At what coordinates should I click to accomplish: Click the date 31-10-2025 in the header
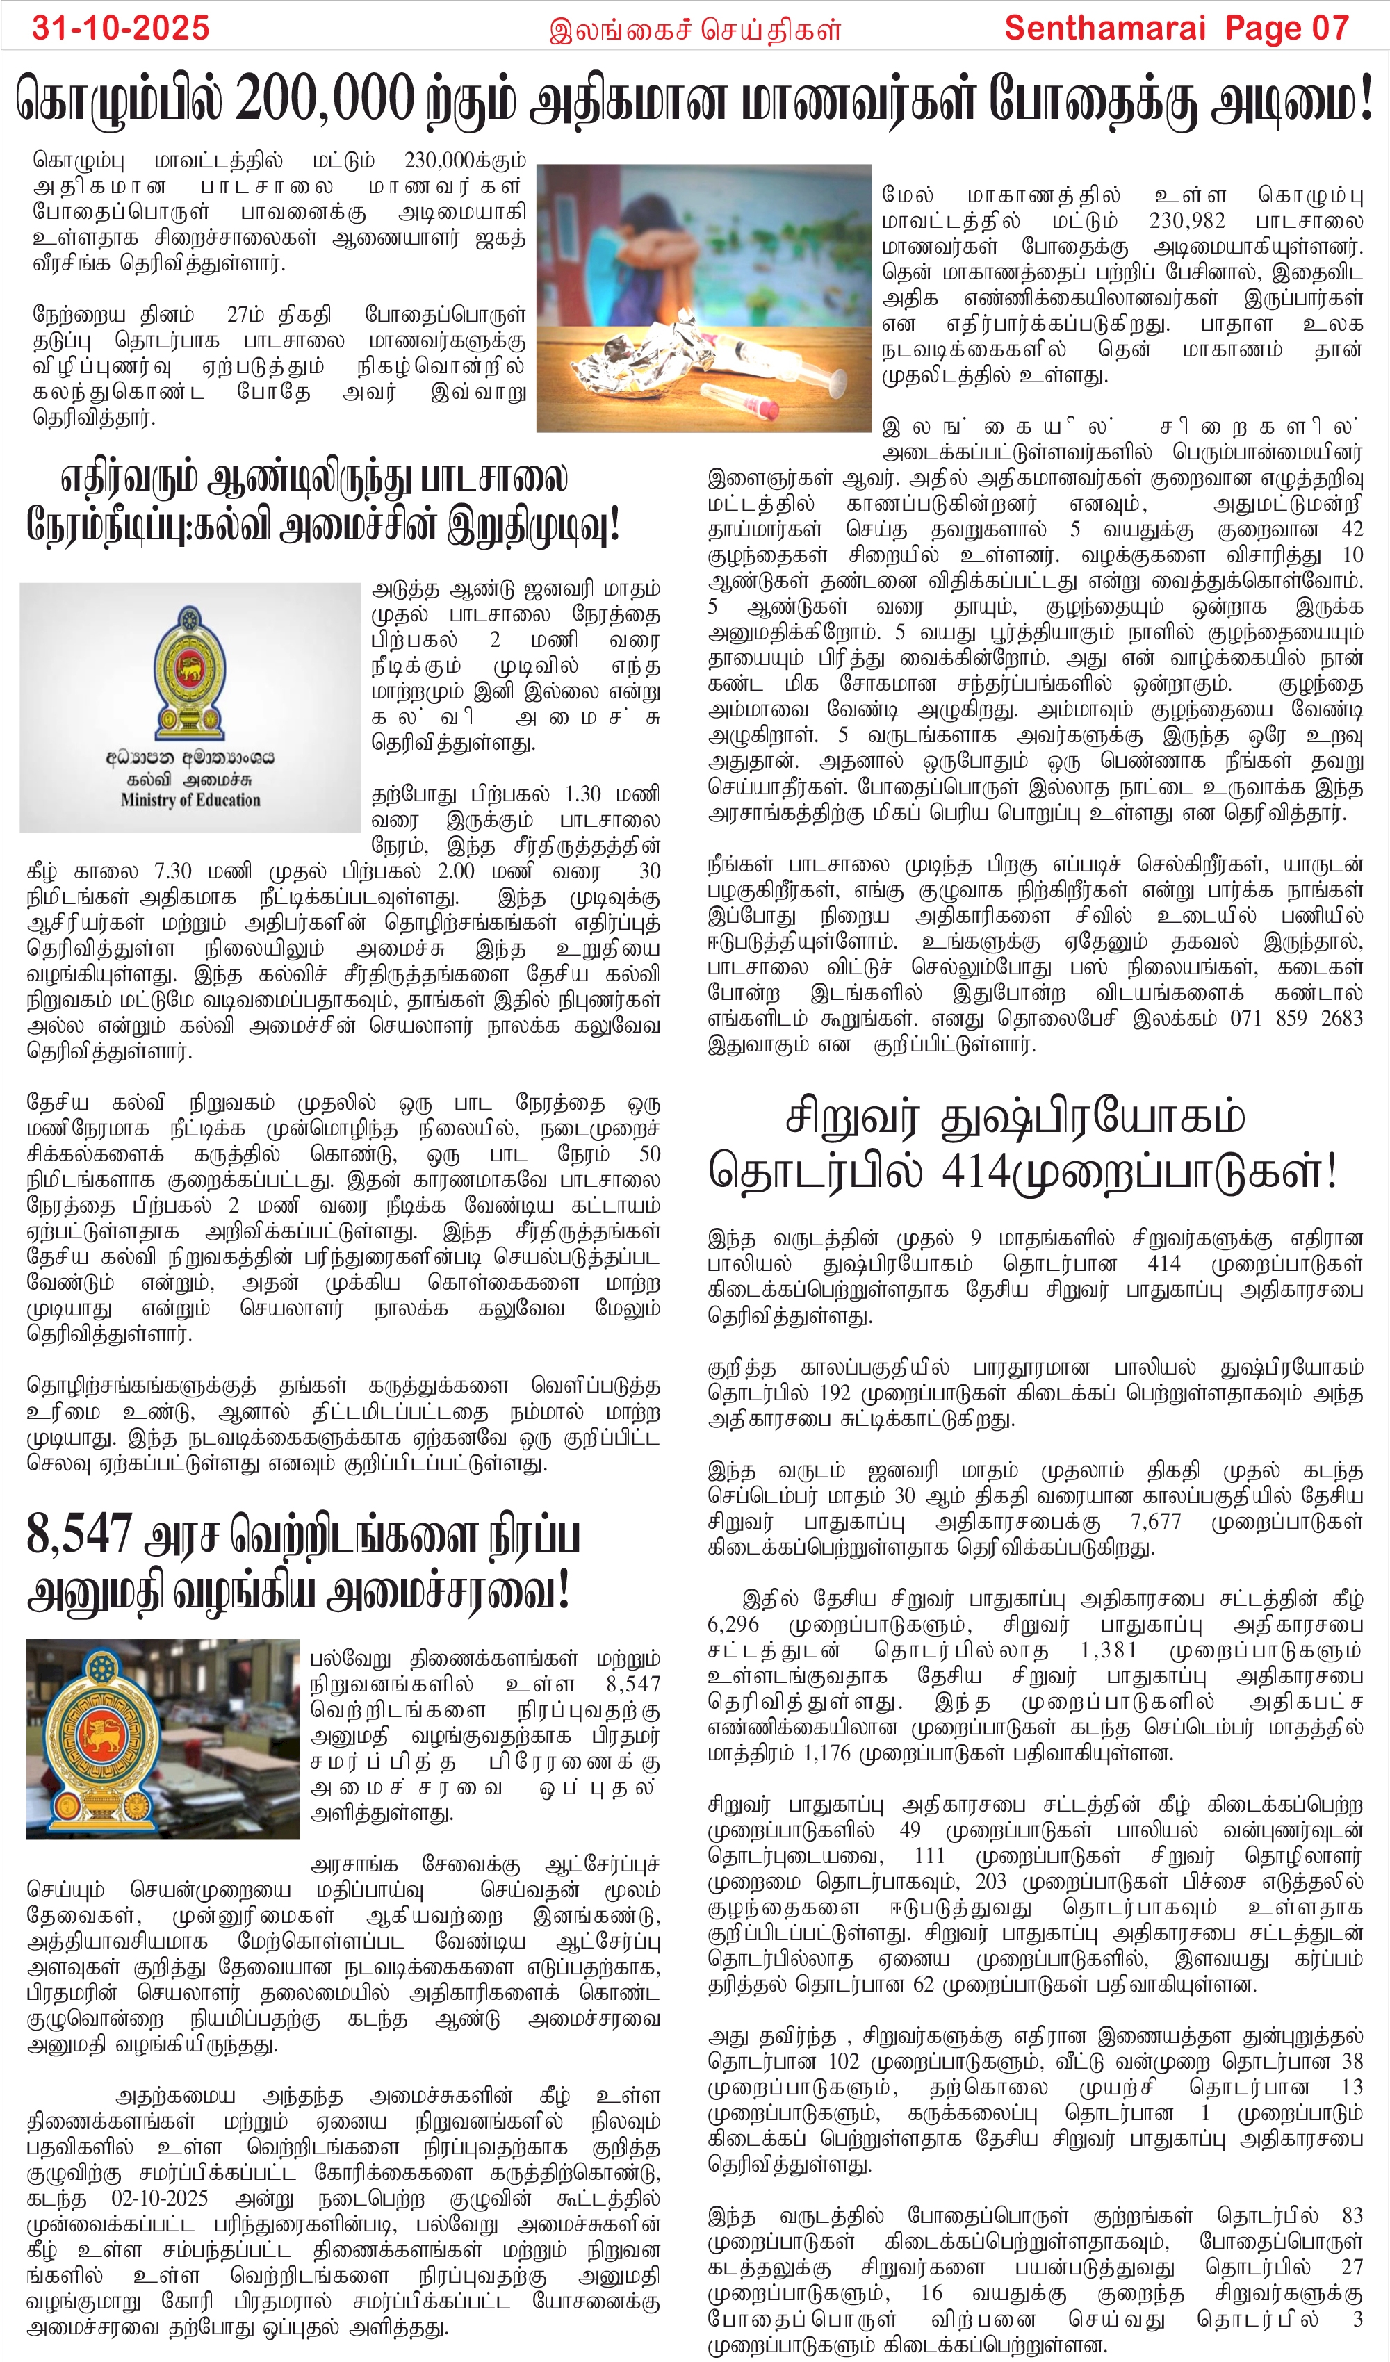click(121, 27)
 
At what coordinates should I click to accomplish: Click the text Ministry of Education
click(190, 800)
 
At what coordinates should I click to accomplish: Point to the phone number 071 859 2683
click(1296, 1018)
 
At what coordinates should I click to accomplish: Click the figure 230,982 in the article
click(1188, 221)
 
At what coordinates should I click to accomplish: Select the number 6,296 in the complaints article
click(734, 1624)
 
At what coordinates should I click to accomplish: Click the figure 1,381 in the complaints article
click(1109, 1650)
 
